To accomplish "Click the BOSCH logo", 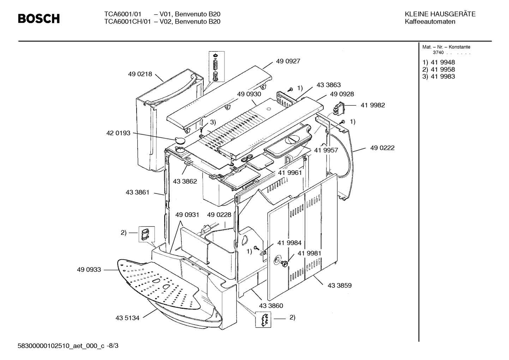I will coord(39,18).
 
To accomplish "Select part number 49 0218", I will coord(140,74).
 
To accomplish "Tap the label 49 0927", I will coord(288,61).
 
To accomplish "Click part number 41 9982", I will coord(373,105).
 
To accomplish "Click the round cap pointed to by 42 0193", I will coord(181,140).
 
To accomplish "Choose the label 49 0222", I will coord(382,148).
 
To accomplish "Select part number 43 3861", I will coord(137,193).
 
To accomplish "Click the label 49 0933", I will coord(89,270).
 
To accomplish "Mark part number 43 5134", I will coord(127,318).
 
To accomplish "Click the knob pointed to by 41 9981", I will coord(284,264).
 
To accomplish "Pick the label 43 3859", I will coord(340,285).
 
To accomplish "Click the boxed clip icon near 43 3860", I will coord(263,320).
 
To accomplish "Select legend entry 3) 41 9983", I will coord(439,77).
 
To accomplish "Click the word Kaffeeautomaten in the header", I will coord(430,22).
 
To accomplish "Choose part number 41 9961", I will coord(290,173).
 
